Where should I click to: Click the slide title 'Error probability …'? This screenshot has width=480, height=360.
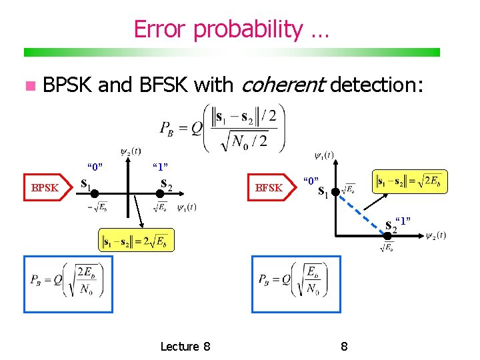(x=231, y=29)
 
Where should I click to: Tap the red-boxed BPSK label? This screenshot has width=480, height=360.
(x=45, y=188)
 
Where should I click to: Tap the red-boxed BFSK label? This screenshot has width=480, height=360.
(x=269, y=188)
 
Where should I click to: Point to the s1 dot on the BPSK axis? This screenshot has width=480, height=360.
(x=95, y=193)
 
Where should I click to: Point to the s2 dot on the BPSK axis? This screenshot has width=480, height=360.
(x=161, y=193)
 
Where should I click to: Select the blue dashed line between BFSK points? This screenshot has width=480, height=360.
(x=358, y=213)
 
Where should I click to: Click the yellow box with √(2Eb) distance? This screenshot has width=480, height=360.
(x=409, y=181)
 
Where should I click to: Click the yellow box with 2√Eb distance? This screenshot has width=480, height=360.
(x=137, y=240)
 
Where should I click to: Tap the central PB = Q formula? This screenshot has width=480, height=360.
(x=223, y=127)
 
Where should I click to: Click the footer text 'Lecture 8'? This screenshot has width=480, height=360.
(x=185, y=346)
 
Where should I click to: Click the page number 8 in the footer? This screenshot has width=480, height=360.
(x=344, y=346)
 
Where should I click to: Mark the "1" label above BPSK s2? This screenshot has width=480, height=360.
(x=160, y=166)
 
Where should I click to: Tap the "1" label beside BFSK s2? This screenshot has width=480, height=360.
(x=403, y=221)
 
